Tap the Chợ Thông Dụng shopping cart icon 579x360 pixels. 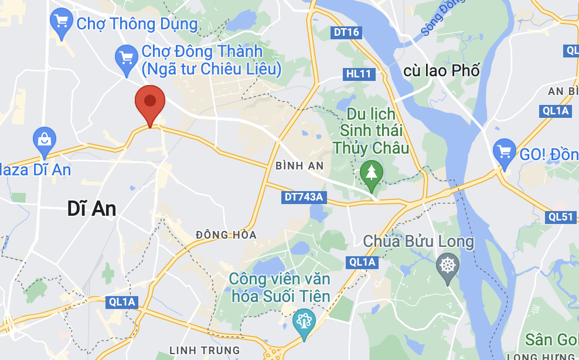61,22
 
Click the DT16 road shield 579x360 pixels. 346,33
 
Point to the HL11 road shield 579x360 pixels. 359,74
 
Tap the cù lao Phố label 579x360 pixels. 441,71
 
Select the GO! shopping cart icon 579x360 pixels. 504,151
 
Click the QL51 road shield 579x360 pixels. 561,216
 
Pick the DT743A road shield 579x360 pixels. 304,197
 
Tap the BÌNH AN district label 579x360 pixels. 299,166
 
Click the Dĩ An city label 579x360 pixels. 91,208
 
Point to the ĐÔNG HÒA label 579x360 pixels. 226,235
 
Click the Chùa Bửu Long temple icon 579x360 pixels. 448,265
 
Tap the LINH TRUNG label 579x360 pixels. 205,351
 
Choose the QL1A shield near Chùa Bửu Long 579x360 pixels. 361,262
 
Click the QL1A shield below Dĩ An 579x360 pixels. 122,303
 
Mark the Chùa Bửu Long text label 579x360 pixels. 418,241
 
